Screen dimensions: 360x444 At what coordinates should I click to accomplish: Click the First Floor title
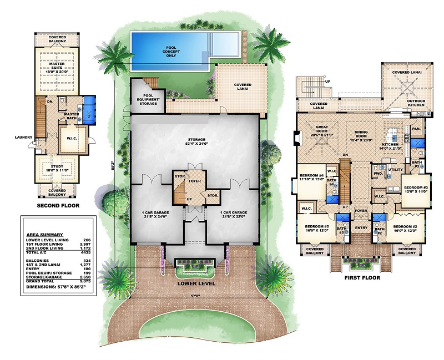tap(362, 278)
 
